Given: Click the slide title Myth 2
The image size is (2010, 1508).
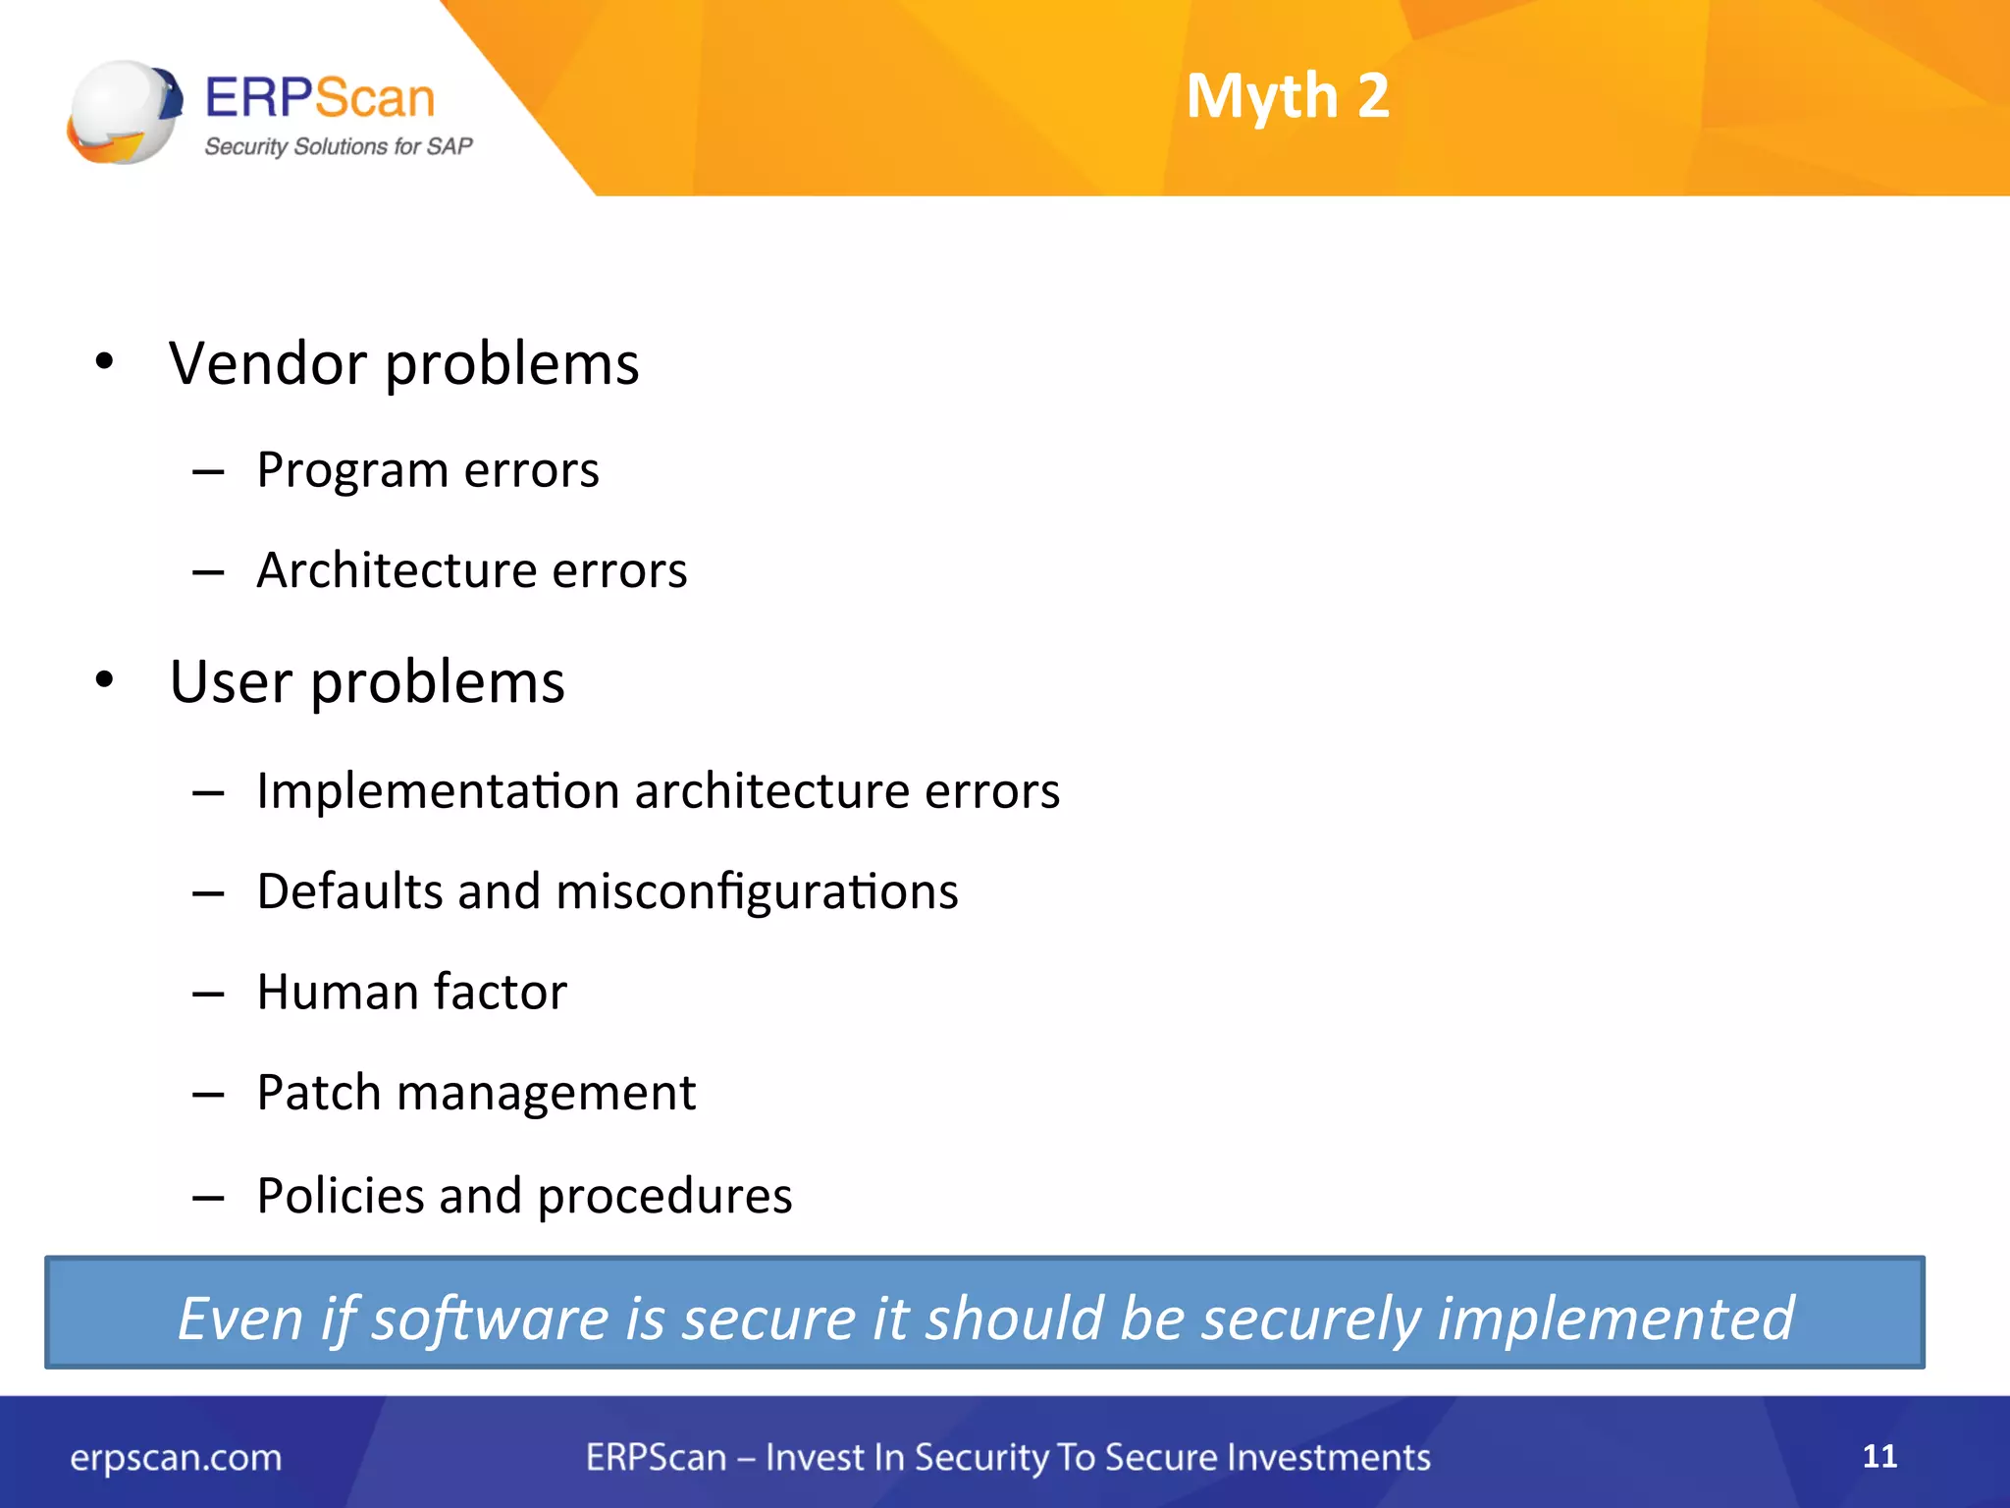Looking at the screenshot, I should coord(1287,97).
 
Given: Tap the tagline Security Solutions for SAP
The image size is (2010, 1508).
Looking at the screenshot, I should coord(338,147).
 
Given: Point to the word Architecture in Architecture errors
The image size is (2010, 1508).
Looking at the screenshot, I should coord(396,570).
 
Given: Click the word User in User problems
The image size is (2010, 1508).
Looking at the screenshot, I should coord(231,681).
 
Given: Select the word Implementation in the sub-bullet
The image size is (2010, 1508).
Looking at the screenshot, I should coord(438,791).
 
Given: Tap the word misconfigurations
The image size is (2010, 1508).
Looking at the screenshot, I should coord(757,892).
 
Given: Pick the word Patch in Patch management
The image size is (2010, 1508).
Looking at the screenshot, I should coord(319,1093).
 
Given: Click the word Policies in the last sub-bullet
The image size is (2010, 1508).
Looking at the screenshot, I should coord(340,1196).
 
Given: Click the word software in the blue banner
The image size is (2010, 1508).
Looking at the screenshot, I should coord(490,1319).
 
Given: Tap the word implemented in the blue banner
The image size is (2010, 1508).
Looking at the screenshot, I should coord(1615,1319).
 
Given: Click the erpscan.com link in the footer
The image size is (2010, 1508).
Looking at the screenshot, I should coord(176,1458).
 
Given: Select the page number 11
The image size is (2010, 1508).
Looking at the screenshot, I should coord(1879,1456).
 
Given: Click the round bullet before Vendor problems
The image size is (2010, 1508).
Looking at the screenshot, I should coord(105,362).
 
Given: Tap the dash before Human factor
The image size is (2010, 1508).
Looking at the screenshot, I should coord(208,995).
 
